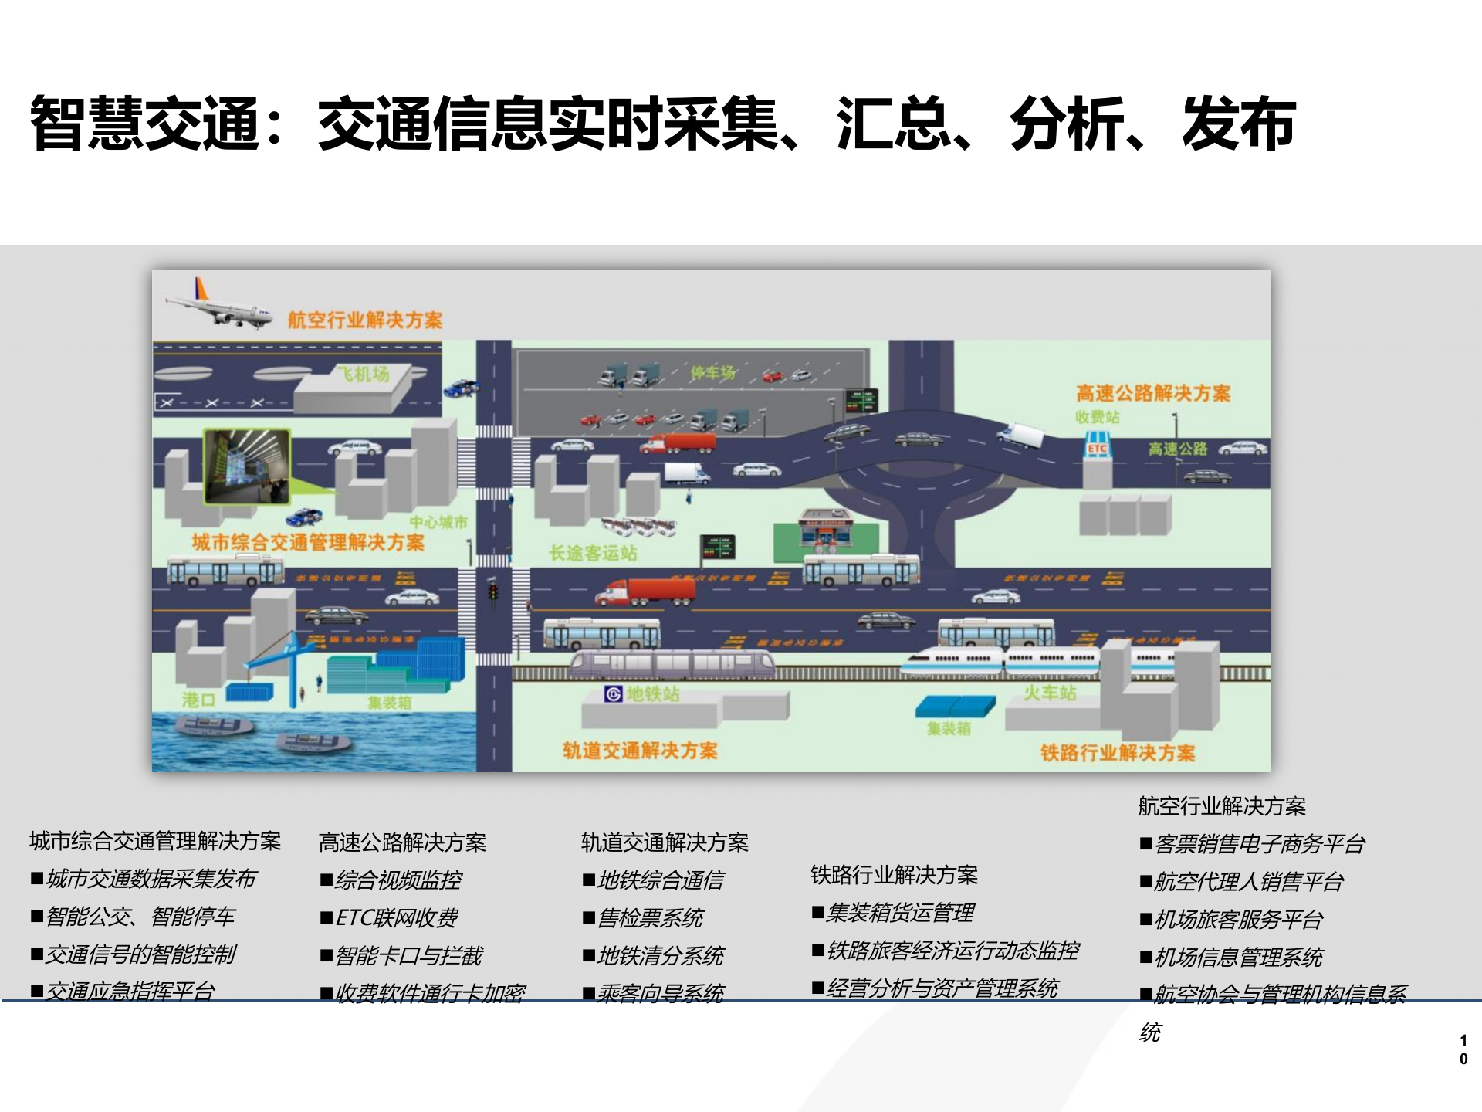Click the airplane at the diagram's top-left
pos(218,307)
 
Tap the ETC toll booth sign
pos(1097,449)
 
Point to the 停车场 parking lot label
pos(712,373)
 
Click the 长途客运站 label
pos(593,553)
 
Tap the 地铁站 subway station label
pos(653,694)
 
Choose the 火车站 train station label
pos(1050,693)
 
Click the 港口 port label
pos(198,700)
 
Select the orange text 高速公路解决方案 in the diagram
pos(1153,394)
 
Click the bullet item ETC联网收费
pos(397,917)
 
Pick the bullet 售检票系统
pos(650,917)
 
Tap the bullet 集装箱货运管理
pos(900,913)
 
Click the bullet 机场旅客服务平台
pos(1238,919)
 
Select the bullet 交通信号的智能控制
pos(140,954)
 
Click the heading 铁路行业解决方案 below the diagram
pos(894,875)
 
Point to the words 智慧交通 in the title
pos(144,124)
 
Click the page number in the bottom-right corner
pos(1463,1049)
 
